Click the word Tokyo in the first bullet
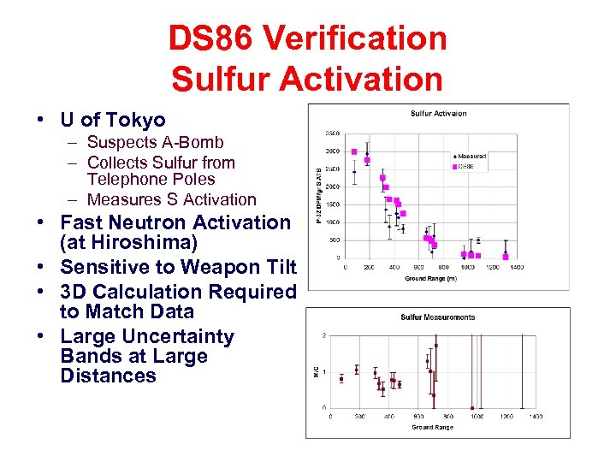click(x=137, y=120)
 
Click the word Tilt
click(x=275, y=266)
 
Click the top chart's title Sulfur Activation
click(x=439, y=114)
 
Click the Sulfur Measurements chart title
click(x=438, y=318)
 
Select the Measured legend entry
click(x=471, y=157)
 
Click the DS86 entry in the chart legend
click(x=467, y=166)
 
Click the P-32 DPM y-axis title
click(x=319, y=195)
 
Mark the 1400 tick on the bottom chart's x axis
click(x=535, y=417)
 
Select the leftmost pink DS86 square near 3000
click(x=354, y=152)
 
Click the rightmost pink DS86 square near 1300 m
click(x=506, y=256)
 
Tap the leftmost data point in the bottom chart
click(x=341, y=378)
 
